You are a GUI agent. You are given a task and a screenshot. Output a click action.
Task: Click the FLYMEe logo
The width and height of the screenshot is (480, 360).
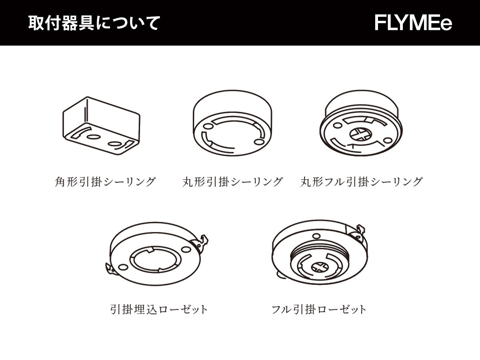click(413, 23)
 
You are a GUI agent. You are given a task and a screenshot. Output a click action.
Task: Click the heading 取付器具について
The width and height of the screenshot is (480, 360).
click(94, 23)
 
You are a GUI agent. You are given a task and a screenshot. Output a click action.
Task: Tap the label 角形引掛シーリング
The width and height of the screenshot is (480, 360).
click(105, 182)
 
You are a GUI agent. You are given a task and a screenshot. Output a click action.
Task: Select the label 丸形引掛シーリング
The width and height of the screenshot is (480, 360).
click(232, 182)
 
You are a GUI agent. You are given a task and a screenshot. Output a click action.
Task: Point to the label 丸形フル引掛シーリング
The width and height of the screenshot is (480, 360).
click(361, 182)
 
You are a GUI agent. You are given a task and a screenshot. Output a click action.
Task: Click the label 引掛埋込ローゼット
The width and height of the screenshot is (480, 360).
click(159, 309)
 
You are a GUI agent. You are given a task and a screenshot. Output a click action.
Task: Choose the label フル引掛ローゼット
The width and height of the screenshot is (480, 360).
click(319, 309)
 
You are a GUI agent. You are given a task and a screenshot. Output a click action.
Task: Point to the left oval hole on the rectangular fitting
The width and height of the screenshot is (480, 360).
click(93, 136)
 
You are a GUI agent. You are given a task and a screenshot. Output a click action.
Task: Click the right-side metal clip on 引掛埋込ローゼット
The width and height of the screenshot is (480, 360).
click(203, 241)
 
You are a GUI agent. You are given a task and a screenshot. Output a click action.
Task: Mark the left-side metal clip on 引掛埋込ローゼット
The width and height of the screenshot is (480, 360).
click(109, 269)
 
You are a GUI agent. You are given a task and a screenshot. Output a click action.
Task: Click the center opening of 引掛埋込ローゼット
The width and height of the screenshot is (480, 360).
click(154, 260)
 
